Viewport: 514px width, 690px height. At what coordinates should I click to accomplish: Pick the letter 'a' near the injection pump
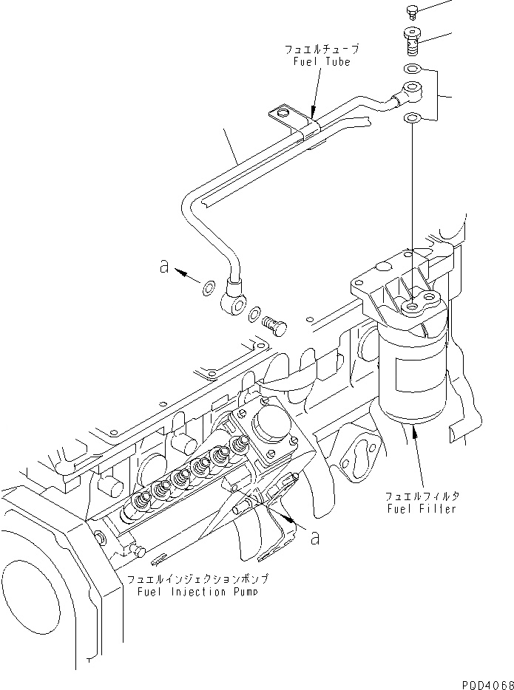point(315,539)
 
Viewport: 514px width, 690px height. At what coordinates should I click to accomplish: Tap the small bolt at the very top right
point(413,11)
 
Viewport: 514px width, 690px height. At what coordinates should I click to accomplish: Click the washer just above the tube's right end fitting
point(412,70)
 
